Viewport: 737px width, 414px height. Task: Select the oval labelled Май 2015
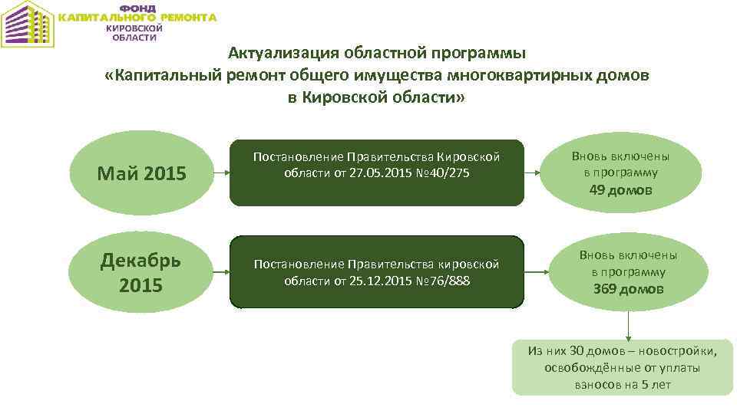point(141,173)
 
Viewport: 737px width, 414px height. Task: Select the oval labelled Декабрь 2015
point(141,272)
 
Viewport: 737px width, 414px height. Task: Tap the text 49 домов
point(620,190)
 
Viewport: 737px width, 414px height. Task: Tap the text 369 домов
point(628,289)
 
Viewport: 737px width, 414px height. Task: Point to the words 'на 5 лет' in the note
point(648,384)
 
